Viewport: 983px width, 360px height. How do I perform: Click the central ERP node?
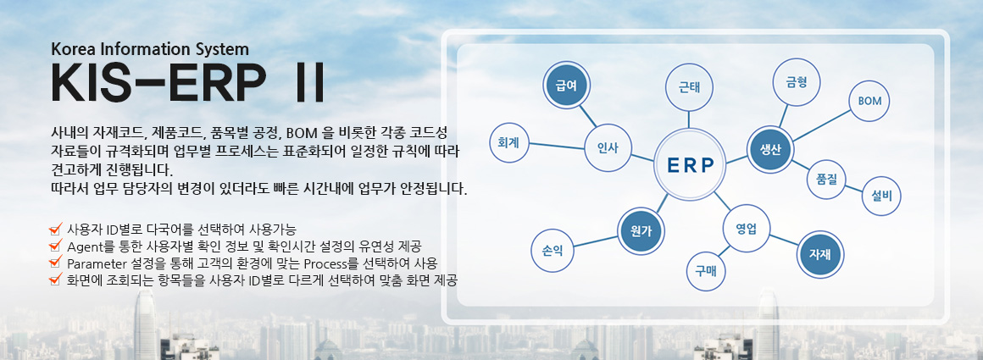(690, 165)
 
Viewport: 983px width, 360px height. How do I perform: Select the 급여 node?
(566, 85)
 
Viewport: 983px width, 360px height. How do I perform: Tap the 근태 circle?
(689, 88)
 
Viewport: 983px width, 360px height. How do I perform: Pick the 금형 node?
(797, 82)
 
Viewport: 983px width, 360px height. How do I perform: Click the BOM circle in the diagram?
(869, 101)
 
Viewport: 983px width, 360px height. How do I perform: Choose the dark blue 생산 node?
(771, 148)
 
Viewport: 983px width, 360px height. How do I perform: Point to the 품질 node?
(826, 179)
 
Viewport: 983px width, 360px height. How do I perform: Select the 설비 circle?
(881, 196)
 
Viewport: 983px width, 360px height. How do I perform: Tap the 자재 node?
(819, 254)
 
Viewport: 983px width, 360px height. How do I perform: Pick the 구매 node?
(707, 271)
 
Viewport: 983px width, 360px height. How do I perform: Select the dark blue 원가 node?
(641, 230)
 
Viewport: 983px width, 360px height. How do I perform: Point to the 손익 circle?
(552, 250)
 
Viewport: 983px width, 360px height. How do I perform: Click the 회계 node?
(509, 142)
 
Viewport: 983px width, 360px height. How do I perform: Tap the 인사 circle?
(608, 148)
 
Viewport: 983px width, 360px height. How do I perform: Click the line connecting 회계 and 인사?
(557, 146)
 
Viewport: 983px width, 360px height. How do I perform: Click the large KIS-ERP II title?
(187, 82)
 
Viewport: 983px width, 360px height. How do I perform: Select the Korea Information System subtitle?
(150, 49)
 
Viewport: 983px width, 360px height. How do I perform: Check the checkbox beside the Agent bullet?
(55, 246)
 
